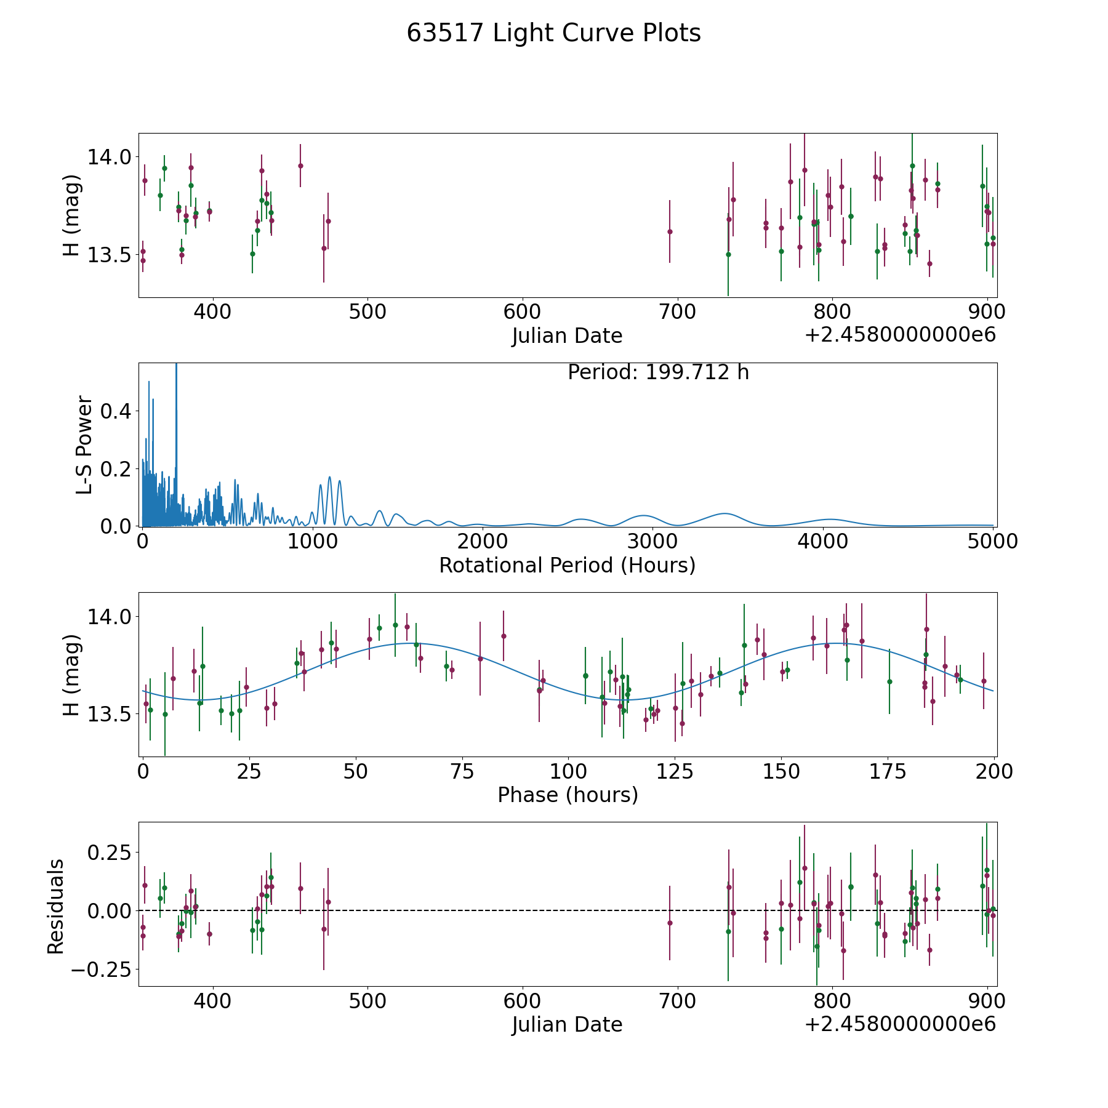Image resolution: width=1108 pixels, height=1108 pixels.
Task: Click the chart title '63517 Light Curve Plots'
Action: tap(553, 33)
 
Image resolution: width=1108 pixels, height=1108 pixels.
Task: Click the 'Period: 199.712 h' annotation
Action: tap(658, 372)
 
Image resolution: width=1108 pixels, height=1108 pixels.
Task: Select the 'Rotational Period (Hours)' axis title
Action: tap(567, 565)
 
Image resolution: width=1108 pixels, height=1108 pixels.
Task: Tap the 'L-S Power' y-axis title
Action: tap(85, 444)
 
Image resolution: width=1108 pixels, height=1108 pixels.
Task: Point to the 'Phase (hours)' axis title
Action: tap(568, 795)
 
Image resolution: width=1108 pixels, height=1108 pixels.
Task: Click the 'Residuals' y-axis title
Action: tap(56, 907)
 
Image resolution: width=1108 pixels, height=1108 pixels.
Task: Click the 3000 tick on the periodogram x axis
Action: tap(652, 541)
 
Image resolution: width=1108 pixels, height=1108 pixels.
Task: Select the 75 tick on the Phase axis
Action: tap(462, 771)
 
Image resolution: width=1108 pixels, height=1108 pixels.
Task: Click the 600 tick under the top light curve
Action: tap(522, 311)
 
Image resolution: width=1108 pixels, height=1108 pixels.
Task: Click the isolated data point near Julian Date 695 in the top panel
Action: tap(670, 231)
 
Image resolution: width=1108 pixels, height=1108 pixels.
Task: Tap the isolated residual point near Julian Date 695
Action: tap(670, 923)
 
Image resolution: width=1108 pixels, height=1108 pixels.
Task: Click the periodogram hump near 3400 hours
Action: tap(725, 513)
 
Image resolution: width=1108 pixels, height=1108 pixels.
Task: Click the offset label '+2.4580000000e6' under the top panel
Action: tap(900, 335)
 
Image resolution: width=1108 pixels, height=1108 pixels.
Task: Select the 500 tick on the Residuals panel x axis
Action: tap(367, 1001)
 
